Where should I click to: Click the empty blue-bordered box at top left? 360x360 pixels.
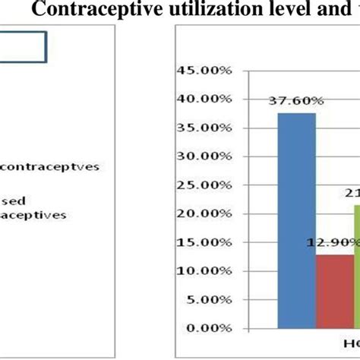pyautogui.click(x=23, y=46)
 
